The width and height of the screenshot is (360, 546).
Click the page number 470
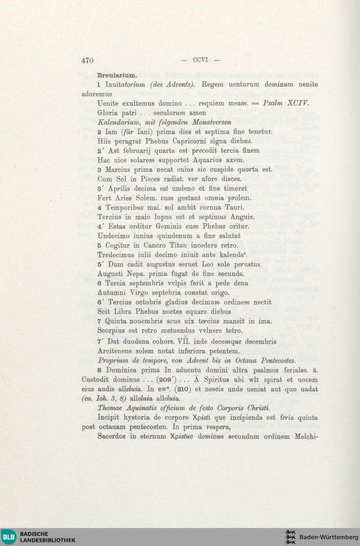(87, 60)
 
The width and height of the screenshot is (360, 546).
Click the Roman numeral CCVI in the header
(201, 60)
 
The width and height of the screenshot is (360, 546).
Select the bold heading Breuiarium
(117, 76)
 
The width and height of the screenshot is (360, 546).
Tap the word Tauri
(234, 207)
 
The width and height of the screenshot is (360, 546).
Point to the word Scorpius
(111, 330)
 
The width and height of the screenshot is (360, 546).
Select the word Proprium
(113, 361)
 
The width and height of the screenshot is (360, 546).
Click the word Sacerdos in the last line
(112, 436)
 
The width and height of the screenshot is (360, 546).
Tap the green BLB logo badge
(9, 537)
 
